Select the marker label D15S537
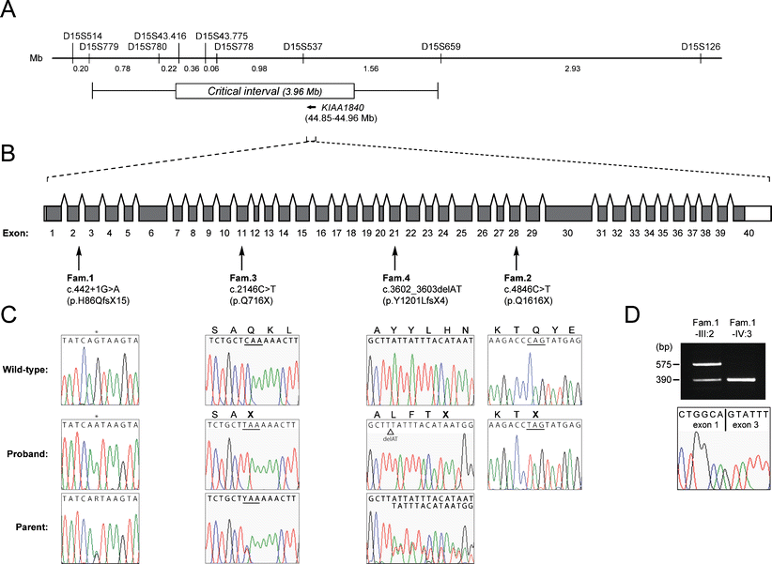click(302, 45)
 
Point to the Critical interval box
click(265, 92)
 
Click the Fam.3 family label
click(242, 278)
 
